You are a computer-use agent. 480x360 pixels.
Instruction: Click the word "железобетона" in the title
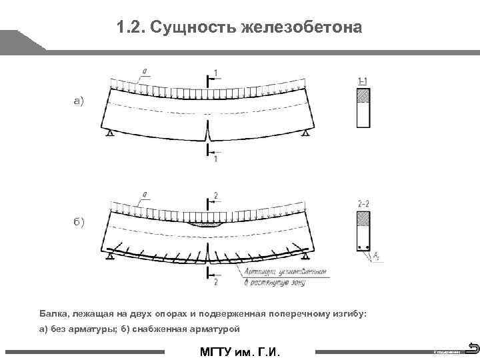pos(305,28)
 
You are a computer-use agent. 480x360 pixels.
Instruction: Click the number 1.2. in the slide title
pos(131,28)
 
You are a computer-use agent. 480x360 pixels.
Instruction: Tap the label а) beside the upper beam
pos(79,101)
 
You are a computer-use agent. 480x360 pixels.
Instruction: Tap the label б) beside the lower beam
pos(79,221)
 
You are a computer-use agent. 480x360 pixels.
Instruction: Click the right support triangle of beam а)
pos(305,134)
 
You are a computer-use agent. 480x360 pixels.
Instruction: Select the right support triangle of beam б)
pos(305,257)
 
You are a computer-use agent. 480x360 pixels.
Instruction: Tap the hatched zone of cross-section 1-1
pos(363,96)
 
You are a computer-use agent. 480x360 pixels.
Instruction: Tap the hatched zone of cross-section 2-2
pos(363,219)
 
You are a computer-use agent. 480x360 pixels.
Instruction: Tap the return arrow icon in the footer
pos(473,347)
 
